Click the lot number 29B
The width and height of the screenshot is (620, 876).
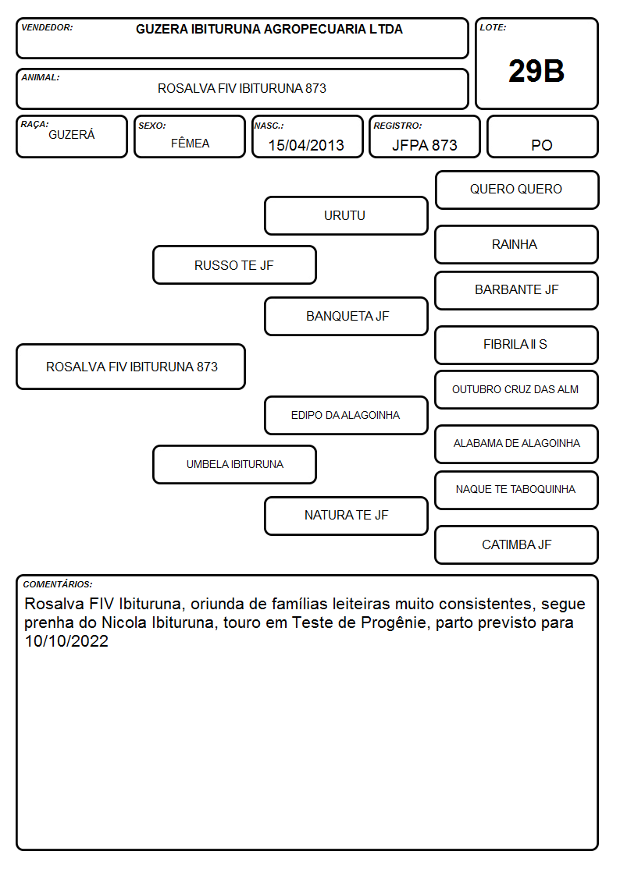point(536,71)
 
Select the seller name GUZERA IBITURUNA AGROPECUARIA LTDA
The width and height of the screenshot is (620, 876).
point(269,29)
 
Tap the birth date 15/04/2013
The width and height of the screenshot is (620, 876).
point(306,145)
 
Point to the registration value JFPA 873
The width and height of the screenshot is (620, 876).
point(424,145)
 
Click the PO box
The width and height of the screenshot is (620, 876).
point(542,137)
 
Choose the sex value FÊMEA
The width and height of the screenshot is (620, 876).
point(190,143)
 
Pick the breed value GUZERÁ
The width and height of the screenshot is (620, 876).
point(72,135)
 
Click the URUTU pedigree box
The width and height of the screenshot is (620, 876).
point(346,215)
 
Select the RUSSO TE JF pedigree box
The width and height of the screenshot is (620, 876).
point(234,265)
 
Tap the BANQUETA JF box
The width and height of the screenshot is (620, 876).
point(346,316)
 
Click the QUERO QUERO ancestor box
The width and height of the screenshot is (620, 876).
point(517,190)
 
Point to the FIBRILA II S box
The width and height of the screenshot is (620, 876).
point(517,346)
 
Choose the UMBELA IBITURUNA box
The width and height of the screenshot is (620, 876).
point(234,464)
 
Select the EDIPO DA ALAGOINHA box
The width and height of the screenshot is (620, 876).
point(346,416)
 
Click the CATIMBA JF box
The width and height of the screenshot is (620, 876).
point(517,544)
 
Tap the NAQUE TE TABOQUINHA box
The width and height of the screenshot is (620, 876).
point(517,490)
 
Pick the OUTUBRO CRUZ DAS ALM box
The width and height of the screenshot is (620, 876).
point(517,390)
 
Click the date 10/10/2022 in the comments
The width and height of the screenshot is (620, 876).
point(66,640)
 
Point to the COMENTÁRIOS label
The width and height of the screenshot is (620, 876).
point(58,584)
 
